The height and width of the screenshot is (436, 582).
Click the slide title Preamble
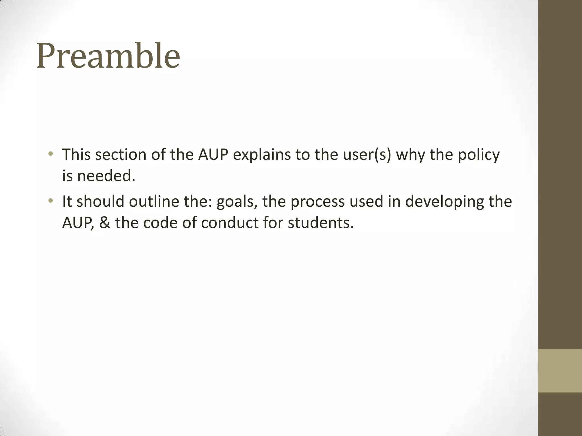coord(108,56)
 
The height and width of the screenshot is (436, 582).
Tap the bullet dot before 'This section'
coord(51,154)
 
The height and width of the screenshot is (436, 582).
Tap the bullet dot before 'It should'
coord(51,201)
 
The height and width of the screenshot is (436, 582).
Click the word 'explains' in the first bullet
coord(262,155)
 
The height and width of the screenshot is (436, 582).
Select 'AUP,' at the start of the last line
coord(78,223)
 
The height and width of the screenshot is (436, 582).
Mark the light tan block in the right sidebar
coord(560,370)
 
